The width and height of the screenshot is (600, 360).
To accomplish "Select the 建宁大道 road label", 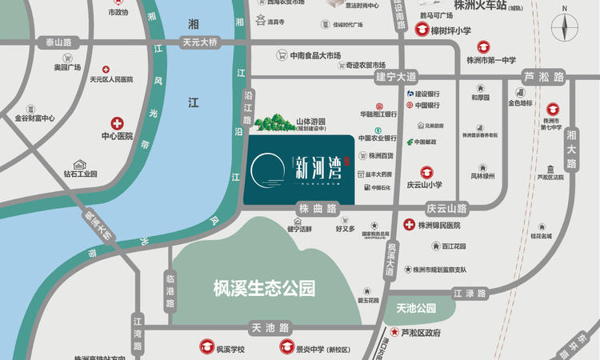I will [x=397, y=77].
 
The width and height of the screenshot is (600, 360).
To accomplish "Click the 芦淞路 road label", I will [x=544, y=78].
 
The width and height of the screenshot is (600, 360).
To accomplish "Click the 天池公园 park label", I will [x=415, y=308].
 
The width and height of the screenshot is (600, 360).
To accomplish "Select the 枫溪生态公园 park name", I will [x=260, y=286].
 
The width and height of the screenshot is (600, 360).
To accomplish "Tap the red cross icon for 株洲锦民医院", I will [x=409, y=226].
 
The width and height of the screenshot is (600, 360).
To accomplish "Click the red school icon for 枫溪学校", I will [x=201, y=347].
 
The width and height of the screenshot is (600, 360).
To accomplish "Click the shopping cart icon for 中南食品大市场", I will [x=282, y=55].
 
